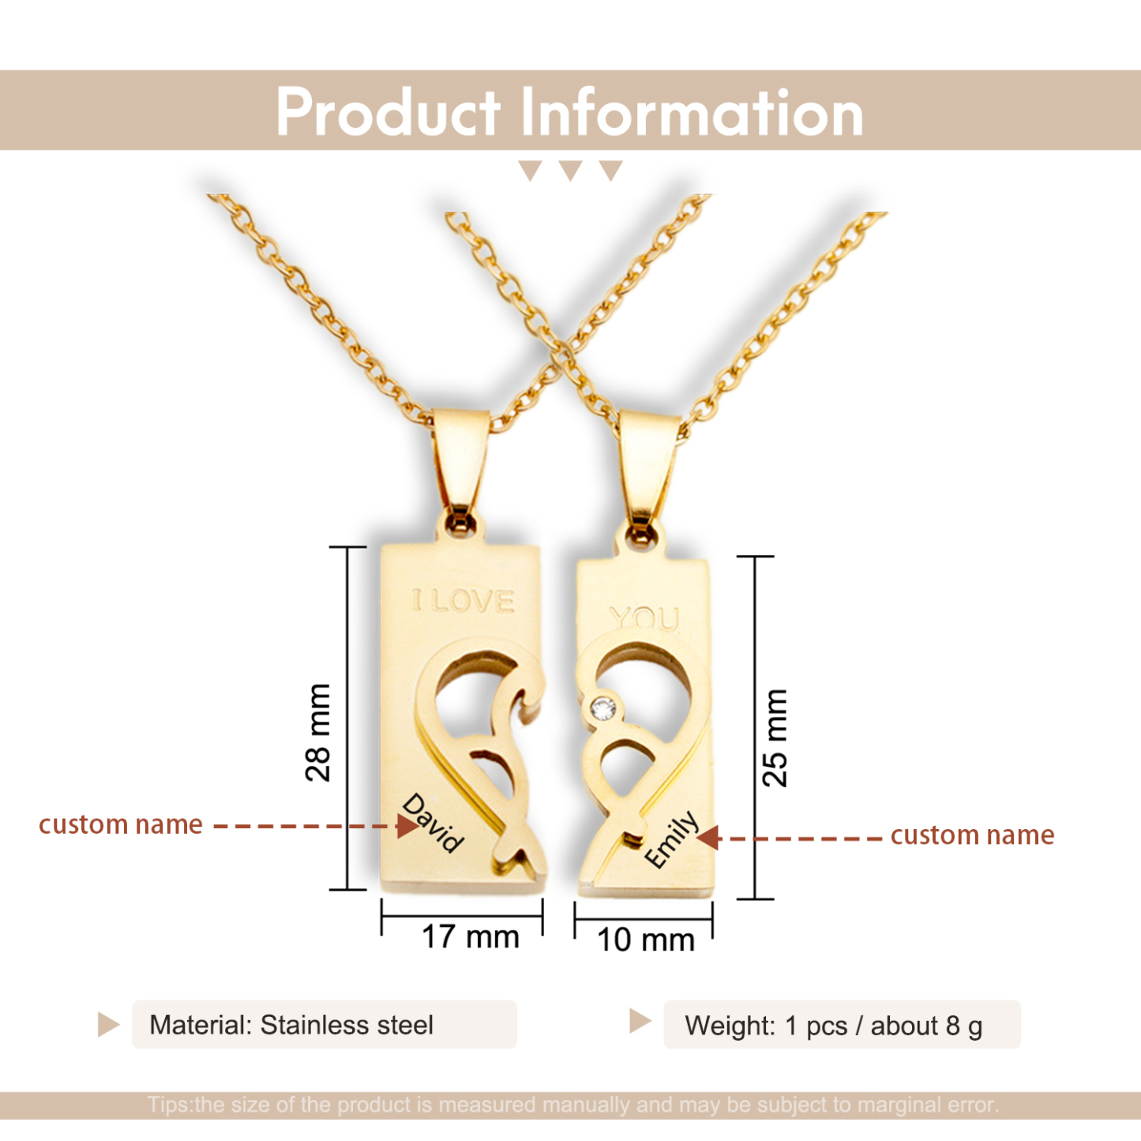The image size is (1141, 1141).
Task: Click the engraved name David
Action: pyautogui.click(x=432, y=824)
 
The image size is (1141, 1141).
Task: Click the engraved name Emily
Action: pyautogui.click(x=672, y=839)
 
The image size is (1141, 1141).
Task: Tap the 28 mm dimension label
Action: pyautogui.click(x=317, y=732)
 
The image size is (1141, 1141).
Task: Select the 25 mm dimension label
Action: pyautogui.click(x=775, y=738)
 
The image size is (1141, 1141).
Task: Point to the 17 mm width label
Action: pyautogui.click(x=471, y=937)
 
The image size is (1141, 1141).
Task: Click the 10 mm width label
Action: pyautogui.click(x=645, y=940)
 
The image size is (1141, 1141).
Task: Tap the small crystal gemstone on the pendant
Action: pyautogui.click(x=604, y=709)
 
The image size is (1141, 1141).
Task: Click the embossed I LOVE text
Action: pyautogui.click(x=464, y=602)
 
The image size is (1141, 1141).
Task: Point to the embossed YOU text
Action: pyautogui.click(x=644, y=618)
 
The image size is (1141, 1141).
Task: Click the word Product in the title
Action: pyautogui.click(x=388, y=112)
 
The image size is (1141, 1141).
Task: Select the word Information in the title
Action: pyautogui.click(x=692, y=112)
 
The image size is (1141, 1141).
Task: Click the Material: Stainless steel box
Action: pyautogui.click(x=324, y=1025)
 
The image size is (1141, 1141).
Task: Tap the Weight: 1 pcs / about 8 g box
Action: pyautogui.click(x=841, y=1026)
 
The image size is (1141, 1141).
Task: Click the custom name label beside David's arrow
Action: pyautogui.click(x=121, y=824)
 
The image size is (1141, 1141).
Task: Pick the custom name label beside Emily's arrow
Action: pyautogui.click(x=972, y=835)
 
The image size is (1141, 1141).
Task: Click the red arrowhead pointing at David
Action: pyautogui.click(x=407, y=826)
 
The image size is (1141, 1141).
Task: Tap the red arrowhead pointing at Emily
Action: pyautogui.click(x=708, y=837)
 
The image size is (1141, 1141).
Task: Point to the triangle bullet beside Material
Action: pyautogui.click(x=107, y=1025)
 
